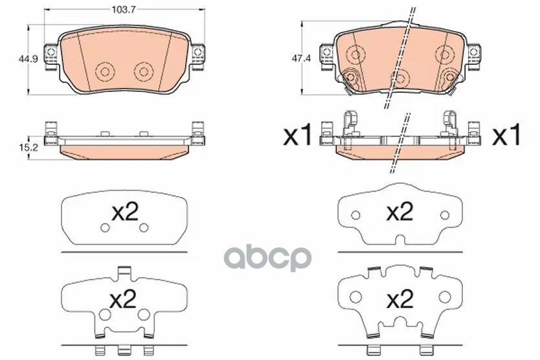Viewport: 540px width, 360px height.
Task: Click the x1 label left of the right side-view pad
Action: tap(299, 136)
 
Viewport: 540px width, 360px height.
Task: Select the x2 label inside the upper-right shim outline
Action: tap(399, 212)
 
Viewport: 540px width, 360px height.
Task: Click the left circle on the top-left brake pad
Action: tap(104, 71)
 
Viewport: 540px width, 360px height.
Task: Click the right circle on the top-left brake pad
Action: tap(143, 71)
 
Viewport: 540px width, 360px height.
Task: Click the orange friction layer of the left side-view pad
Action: tap(124, 150)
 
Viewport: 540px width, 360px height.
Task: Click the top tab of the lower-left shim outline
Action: tap(124, 273)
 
